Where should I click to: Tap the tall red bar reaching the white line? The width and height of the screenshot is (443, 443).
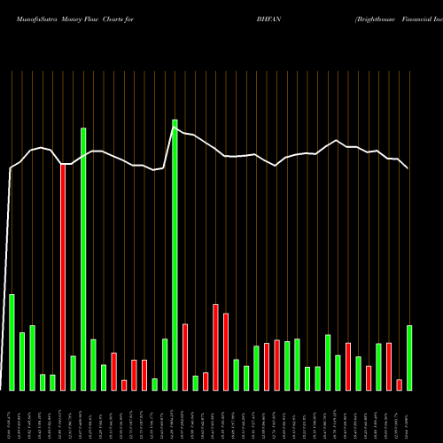[x=63, y=276]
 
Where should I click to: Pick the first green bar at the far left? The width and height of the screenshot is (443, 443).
[x=12, y=342]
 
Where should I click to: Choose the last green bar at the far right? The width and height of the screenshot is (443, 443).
[x=409, y=358]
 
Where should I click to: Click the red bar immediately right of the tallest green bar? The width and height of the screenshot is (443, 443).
[x=185, y=357]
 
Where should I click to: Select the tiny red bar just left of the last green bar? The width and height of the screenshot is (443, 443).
[x=400, y=385]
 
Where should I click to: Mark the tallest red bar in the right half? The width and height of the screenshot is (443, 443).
[x=215, y=347]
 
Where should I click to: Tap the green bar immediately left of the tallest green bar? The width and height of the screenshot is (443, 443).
[x=165, y=364]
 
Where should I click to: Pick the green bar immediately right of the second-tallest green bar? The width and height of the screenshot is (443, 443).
[x=93, y=364]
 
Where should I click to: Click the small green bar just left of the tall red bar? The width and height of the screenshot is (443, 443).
[x=52, y=382]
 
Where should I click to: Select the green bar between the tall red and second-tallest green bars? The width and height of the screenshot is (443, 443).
[x=73, y=373]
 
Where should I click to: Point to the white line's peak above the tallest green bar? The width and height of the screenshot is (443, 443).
[x=175, y=129]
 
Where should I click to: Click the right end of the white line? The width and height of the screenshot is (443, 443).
[x=408, y=167]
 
